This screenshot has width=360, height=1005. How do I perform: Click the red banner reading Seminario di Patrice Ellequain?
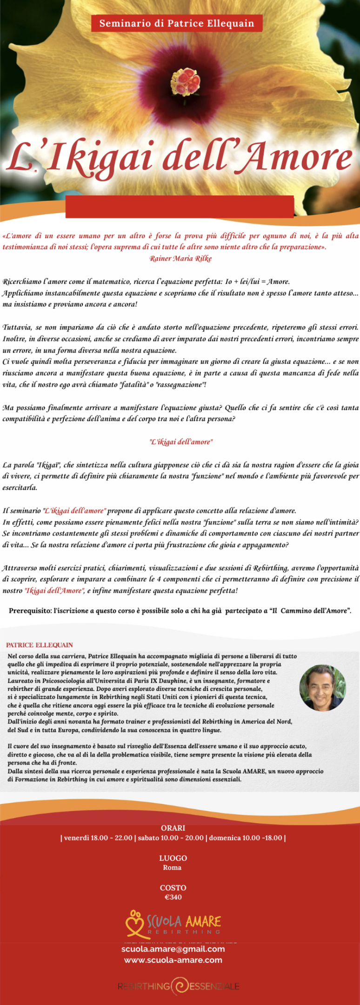tap(177, 23)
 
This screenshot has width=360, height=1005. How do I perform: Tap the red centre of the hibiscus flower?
tap(185, 81)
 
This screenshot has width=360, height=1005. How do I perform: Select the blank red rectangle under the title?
tap(180, 207)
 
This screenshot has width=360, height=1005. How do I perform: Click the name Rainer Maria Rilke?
tap(180, 259)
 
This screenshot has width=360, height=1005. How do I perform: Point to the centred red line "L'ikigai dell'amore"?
tap(180, 442)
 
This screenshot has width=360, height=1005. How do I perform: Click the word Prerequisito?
tap(29, 611)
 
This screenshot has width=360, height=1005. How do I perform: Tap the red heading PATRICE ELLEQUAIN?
tap(40, 645)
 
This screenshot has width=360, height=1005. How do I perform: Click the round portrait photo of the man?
tap(322, 687)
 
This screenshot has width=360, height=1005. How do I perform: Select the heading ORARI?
tap(173, 828)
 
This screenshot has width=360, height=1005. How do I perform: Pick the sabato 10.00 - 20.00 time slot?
tap(171, 838)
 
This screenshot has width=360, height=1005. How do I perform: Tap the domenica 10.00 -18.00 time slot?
tap(246, 838)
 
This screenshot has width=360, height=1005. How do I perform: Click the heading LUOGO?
tap(173, 858)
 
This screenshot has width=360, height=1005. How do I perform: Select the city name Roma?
tap(172, 868)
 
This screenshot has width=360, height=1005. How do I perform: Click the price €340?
tap(173, 897)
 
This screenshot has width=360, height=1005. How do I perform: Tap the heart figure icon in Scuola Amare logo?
tap(135, 923)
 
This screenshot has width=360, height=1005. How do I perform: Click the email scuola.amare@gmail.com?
tap(173, 949)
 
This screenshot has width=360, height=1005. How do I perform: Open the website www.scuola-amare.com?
tap(173, 960)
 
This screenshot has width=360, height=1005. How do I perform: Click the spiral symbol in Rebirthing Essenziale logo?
tap(180, 986)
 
